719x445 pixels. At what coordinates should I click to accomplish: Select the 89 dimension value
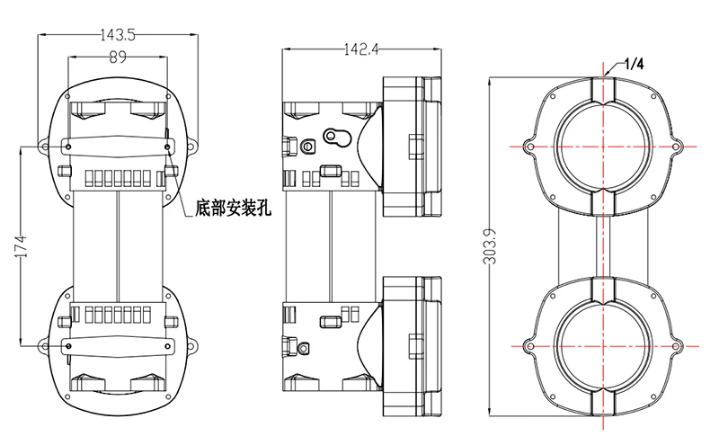[116, 58]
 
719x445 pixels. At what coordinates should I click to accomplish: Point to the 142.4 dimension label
[359, 51]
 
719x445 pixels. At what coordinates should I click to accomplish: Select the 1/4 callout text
[635, 65]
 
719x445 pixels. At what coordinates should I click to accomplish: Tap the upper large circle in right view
[601, 146]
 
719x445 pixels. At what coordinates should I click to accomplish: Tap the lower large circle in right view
[601, 346]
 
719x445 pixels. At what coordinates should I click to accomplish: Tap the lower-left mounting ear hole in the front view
[42, 343]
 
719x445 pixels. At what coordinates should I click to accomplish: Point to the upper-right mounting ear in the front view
[191, 145]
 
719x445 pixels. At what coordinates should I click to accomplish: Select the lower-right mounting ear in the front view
[191, 343]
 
